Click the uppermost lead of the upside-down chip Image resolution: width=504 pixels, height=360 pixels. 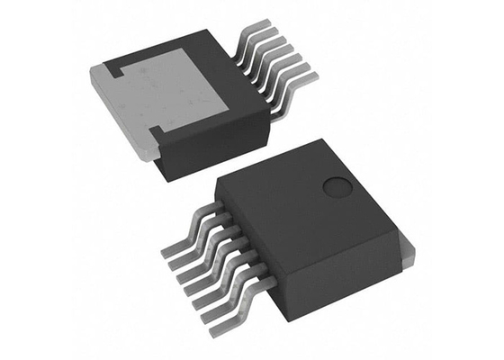point(258,32)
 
